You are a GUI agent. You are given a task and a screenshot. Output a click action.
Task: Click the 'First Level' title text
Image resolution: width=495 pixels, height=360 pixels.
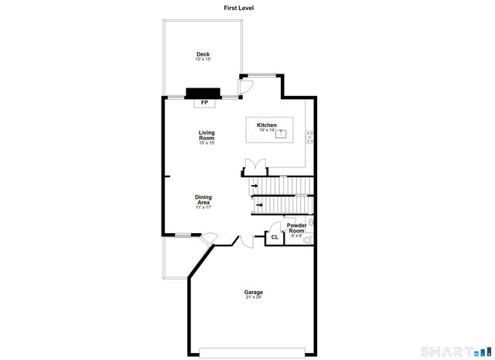coord(238,8)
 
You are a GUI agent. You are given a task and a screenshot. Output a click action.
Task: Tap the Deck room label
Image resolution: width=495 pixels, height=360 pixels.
coord(203,54)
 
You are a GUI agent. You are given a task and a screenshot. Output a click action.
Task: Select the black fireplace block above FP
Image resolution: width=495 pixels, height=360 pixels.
coord(203,92)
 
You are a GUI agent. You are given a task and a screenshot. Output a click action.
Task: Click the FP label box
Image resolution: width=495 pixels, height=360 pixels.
coord(204,102)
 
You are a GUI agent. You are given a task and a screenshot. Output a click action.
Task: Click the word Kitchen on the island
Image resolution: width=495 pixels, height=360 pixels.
coord(267,125)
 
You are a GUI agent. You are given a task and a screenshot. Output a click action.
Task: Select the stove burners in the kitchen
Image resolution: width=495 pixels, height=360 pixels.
coord(309,137)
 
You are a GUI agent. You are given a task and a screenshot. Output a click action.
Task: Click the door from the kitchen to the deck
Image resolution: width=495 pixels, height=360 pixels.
coord(244,86)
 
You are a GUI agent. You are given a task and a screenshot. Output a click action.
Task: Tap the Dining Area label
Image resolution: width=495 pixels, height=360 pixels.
coord(203,200)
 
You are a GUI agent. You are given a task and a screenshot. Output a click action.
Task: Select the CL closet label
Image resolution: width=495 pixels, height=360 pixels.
coord(275,238)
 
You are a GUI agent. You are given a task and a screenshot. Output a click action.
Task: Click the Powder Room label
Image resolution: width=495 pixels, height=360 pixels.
coord(296,228)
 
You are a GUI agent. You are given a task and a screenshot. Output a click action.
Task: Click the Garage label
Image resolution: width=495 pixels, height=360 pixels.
coord(254,292)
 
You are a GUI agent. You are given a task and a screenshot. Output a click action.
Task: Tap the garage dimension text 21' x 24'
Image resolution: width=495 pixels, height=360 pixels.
coord(254,298)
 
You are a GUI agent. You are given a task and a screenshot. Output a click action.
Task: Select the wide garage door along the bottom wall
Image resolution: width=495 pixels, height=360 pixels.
coord(254,352)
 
